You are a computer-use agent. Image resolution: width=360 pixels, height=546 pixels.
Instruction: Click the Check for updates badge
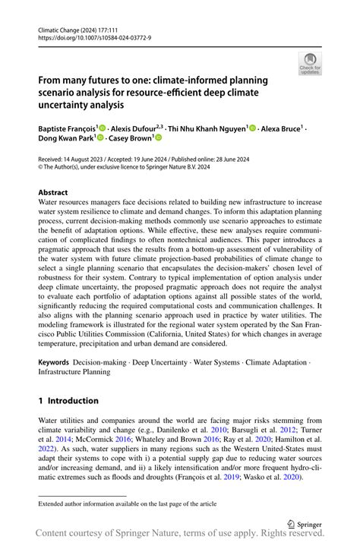[x=309, y=64]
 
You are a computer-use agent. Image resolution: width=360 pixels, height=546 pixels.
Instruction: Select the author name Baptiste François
[x=66, y=129]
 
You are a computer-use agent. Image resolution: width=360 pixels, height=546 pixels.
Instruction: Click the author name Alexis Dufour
[x=130, y=129]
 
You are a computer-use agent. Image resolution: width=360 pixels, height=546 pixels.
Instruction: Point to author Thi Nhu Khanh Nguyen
[x=204, y=129]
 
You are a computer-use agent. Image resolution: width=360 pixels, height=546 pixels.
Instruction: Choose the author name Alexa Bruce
[x=281, y=129]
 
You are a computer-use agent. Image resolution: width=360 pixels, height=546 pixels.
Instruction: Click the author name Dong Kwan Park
[x=65, y=139]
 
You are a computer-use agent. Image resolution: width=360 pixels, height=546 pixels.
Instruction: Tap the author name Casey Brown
[x=129, y=139]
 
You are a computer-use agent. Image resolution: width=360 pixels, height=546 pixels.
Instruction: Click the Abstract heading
[x=53, y=193]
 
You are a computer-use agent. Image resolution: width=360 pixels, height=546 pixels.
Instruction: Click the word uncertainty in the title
[x=73, y=106]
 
